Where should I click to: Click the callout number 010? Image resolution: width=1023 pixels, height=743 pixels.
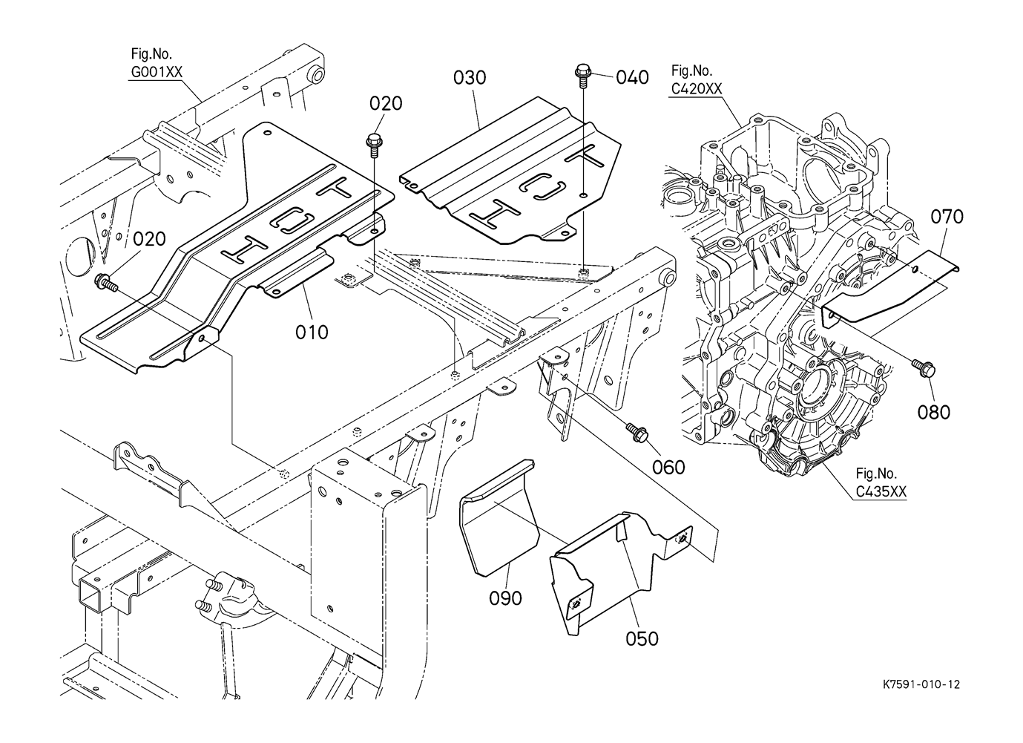coord(312,331)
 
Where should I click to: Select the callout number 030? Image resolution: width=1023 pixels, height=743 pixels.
coord(470,78)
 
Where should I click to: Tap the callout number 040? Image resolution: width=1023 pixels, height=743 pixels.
coord(632,77)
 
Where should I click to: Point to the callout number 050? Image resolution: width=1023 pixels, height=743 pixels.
coord(642,638)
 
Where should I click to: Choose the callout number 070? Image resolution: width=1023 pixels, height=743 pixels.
coord(947,217)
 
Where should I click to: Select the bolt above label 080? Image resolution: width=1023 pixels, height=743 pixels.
coord(924,367)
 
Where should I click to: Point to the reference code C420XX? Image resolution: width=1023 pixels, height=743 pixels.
coord(695,88)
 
